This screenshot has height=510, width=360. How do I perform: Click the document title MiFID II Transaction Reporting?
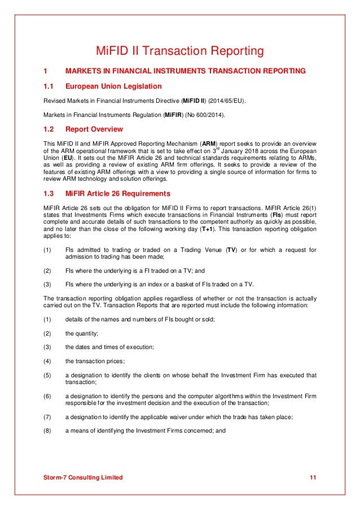click(179, 51)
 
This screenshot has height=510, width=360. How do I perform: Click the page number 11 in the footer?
click(313, 478)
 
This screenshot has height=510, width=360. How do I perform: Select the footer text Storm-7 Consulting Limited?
click(83, 478)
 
